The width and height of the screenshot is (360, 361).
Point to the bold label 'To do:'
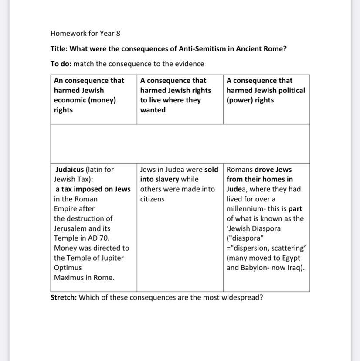tap(61, 64)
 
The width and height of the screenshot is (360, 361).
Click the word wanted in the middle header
tap(153, 110)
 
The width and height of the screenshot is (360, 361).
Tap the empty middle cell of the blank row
tap(180, 144)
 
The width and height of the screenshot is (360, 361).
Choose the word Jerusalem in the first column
tap(70, 228)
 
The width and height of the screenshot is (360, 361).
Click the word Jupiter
tap(109, 258)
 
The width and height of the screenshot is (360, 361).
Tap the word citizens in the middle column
tap(152, 199)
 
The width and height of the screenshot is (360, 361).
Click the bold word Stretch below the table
tap(63, 297)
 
